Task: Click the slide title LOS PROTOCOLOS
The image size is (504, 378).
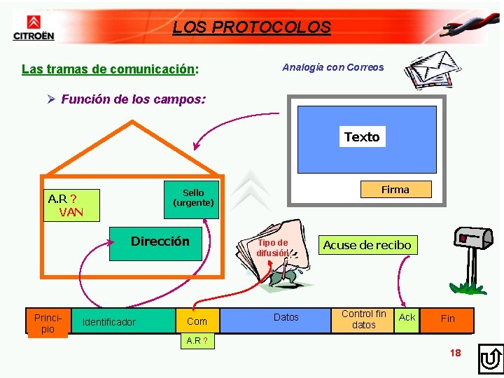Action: (x=251, y=27)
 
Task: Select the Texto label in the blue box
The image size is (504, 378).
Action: (x=362, y=137)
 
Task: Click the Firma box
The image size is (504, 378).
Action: (x=395, y=189)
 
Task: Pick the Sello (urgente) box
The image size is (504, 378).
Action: (x=193, y=198)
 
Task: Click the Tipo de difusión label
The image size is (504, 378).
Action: (x=272, y=248)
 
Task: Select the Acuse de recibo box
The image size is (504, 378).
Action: (x=367, y=245)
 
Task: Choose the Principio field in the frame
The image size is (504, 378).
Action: (x=48, y=323)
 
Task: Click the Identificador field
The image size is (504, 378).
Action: (x=109, y=322)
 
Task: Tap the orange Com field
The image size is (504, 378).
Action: (x=197, y=321)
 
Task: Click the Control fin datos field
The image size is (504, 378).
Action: (x=363, y=319)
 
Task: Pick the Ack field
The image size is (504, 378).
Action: (x=407, y=318)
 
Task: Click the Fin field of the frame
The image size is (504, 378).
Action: (x=447, y=318)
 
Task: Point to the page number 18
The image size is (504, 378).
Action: (x=455, y=353)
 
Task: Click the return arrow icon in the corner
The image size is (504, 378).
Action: (x=491, y=358)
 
